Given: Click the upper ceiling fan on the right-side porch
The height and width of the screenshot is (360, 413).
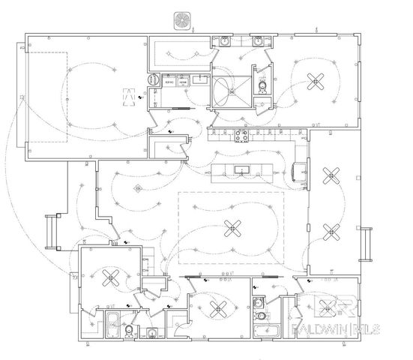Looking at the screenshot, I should (x=330, y=177).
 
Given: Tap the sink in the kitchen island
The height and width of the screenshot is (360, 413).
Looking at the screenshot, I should (x=242, y=170).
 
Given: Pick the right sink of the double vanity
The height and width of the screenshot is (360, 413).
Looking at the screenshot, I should (x=259, y=42).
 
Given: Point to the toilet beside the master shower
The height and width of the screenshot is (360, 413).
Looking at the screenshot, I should (x=262, y=88).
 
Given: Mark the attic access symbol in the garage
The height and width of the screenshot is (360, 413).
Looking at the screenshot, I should (x=128, y=95).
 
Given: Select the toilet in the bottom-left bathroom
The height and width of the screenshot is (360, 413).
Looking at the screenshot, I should (x=130, y=330).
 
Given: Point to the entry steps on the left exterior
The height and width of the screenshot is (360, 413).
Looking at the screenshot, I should (x=50, y=232).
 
